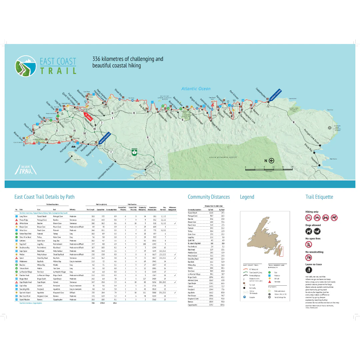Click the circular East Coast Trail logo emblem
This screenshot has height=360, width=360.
26,66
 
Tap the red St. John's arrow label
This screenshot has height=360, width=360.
88,117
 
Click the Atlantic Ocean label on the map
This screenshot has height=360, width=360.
196,89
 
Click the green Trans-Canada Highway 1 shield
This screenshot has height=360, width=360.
134,151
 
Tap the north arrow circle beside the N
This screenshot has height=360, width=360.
271,160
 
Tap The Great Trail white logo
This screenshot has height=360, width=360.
26,170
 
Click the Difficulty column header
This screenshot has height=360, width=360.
72,210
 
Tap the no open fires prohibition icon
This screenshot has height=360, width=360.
309,244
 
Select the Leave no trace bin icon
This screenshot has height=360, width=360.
309,270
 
